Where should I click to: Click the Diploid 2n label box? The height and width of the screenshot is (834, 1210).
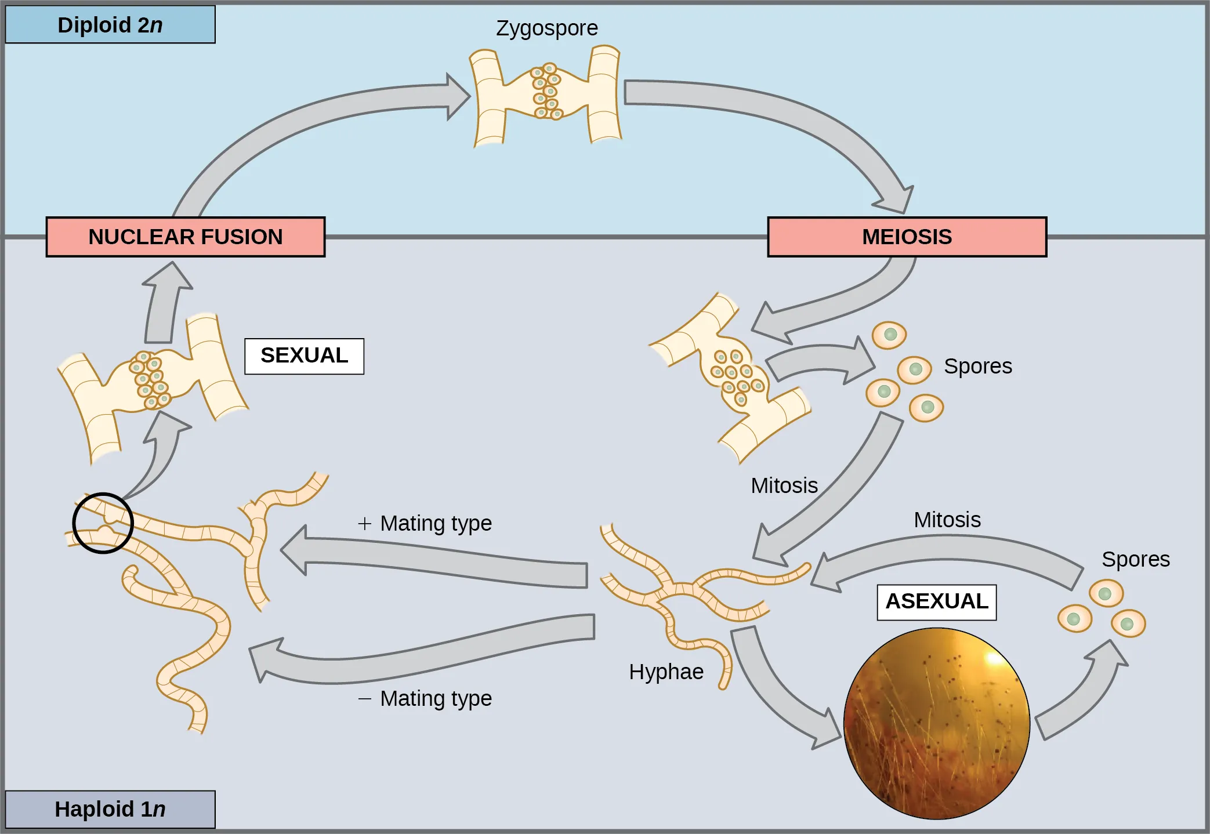(110, 25)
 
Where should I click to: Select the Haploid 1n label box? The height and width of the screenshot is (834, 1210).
(110, 809)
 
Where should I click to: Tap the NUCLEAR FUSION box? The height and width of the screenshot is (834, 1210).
(185, 237)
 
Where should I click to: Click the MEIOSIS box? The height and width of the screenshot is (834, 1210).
(907, 237)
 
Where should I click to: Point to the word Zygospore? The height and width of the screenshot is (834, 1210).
(546, 28)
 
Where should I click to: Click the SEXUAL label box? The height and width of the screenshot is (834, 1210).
(304, 356)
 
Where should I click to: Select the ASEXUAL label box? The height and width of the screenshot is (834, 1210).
(936, 601)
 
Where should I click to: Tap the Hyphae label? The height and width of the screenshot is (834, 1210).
(666, 672)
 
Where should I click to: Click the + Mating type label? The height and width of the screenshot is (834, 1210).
(425, 523)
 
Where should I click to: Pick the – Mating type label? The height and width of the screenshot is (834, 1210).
(425, 698)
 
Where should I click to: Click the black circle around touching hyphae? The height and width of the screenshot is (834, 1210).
(103, 523)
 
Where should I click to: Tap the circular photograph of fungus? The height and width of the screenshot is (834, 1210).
(936, 723)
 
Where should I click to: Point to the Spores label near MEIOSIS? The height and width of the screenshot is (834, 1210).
(977, 367)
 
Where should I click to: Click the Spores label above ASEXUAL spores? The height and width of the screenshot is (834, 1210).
(1135, 560)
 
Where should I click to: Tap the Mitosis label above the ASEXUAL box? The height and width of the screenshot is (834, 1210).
(947, 520)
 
